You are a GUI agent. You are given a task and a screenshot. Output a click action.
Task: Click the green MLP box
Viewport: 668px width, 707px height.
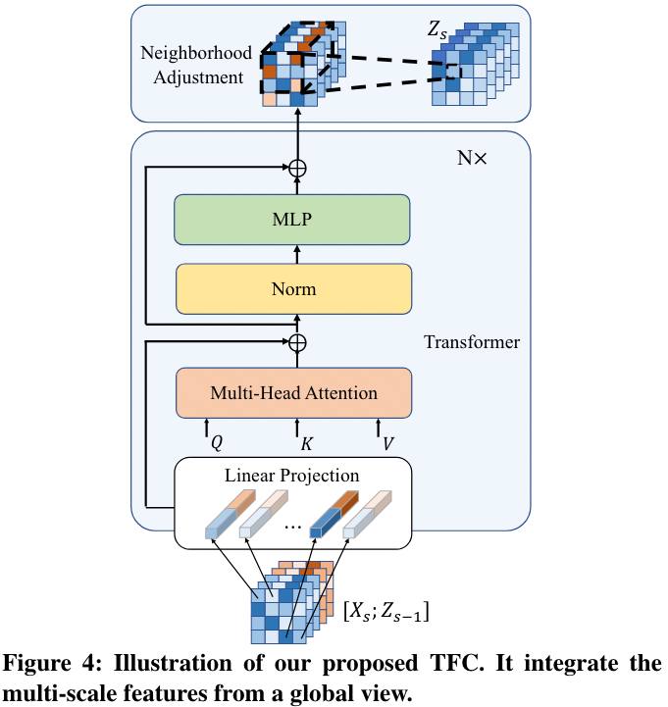click(291, 219)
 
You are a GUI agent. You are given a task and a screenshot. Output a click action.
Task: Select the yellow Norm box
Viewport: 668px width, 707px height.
click(291, 289)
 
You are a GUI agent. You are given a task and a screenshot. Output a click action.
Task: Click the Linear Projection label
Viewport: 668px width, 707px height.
click(291, 476)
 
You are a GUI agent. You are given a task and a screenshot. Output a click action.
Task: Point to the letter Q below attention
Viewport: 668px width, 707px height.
click(217, 444)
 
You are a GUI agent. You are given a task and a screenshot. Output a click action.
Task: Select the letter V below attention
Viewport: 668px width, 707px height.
click(388, 444)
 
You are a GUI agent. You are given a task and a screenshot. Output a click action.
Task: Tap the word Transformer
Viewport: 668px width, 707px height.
click(472, 342)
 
